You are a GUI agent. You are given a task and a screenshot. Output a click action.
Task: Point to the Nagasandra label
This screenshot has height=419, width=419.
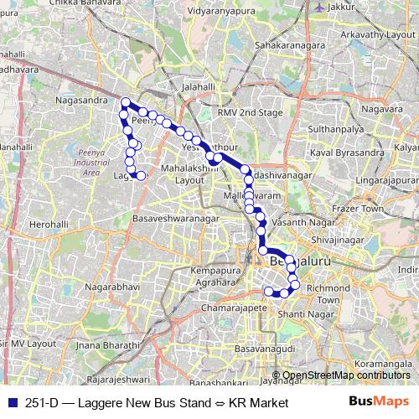[82, 100]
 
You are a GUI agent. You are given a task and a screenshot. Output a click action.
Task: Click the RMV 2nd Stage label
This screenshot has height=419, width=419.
[243, 112]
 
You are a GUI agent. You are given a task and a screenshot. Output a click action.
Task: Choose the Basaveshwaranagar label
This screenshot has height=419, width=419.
[176, 219]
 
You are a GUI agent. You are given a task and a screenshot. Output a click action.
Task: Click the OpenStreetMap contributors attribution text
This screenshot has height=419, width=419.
[346, 375]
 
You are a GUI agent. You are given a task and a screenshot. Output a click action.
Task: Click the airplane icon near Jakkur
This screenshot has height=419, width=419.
[317, 6]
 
